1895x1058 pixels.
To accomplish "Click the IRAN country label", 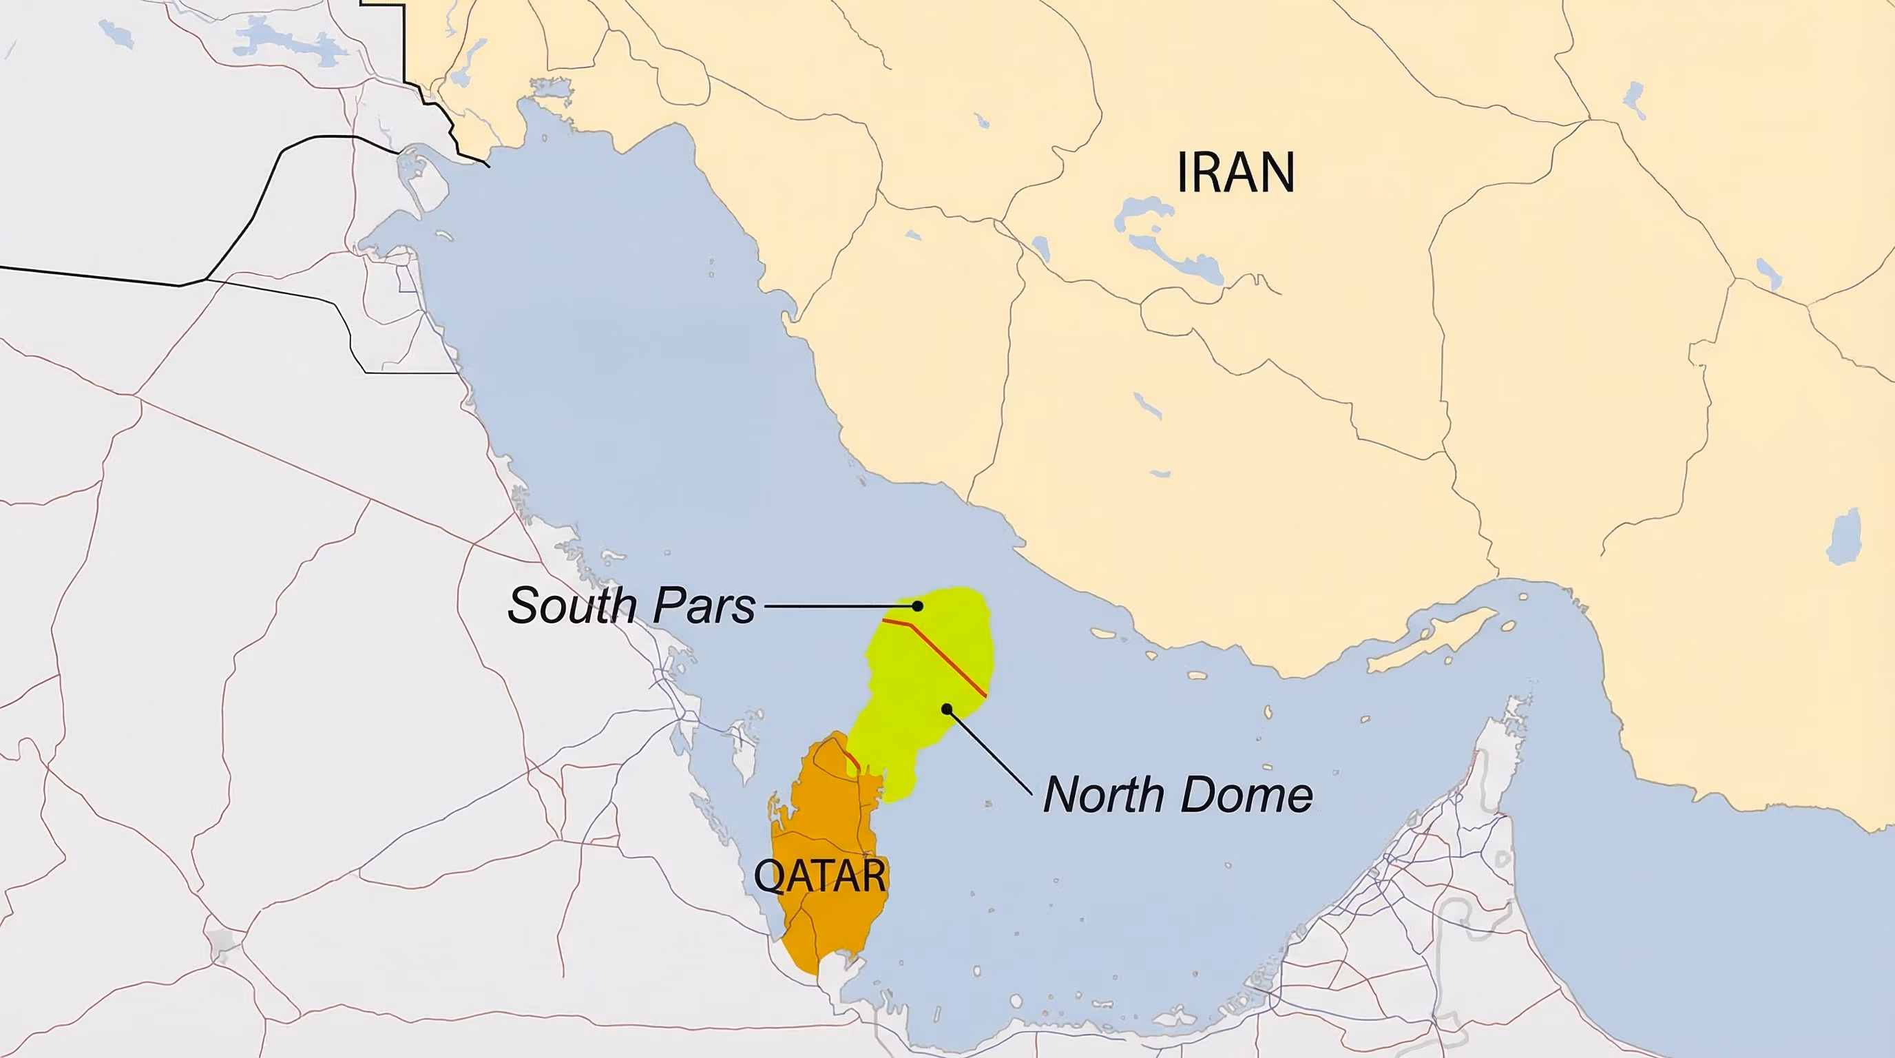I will coord(1235,172).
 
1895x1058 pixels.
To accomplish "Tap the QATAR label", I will coord(820,875).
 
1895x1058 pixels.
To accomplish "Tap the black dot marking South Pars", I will coord(917,605).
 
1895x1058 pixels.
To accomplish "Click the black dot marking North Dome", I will coord(947,709).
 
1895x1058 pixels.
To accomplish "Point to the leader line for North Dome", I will coord(990,751).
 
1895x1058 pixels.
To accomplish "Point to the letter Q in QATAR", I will coord(767,876).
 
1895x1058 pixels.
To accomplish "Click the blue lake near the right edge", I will coord(1843,537).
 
